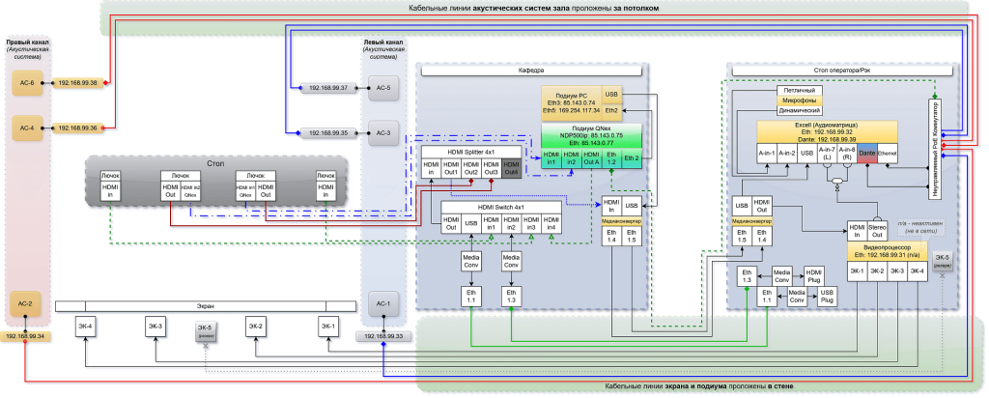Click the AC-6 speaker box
pyautogui.click(x=26, y=84)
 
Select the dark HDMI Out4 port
pyautogui.click(x=512, y=169)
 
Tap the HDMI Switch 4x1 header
pyautogui.click(x=500, y=207)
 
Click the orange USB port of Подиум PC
pyautogui.click(x=611, y=94)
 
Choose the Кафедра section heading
pyautogui.click(x=532, y=71)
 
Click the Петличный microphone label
pyautogui.click(x=800, y=88)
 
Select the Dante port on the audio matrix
pyautogui.click(x=866, y=153)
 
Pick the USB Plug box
pyautogui.click(x=827, y=296)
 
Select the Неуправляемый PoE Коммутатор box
pyautogui.click(x=935, y=145)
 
